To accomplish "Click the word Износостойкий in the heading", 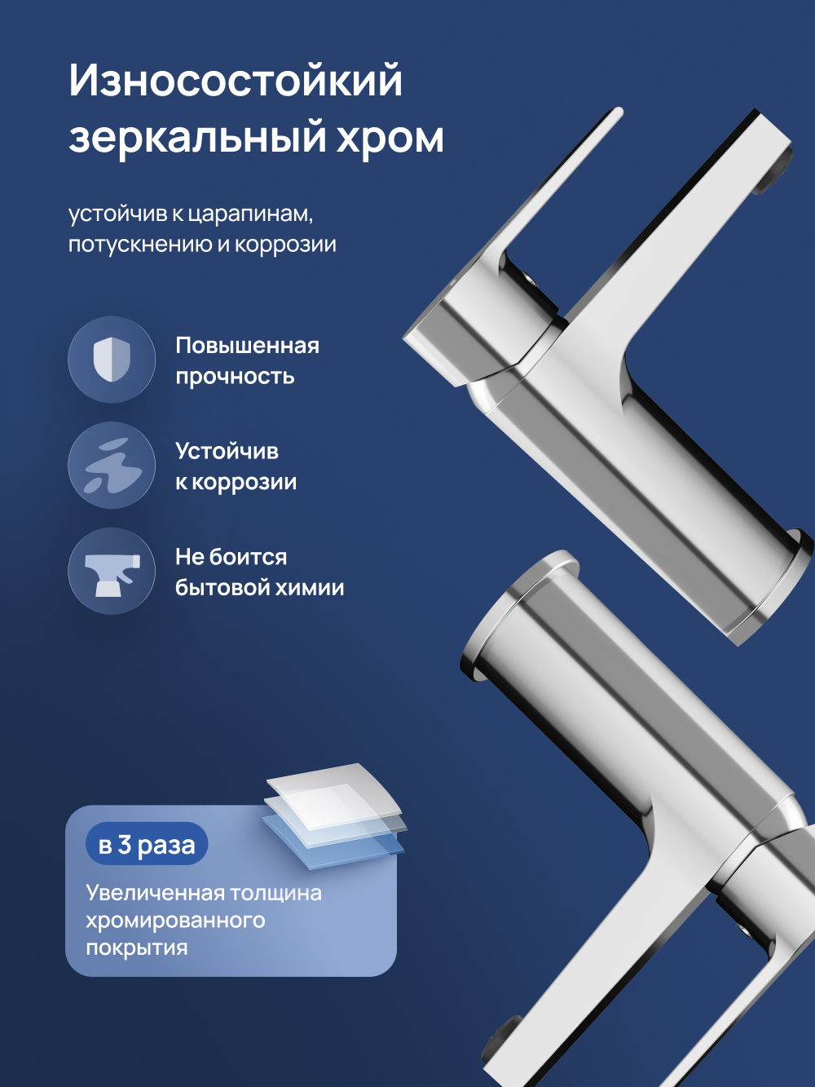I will point(236,81).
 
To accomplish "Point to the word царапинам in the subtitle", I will point(250,214).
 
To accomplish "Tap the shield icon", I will point(112,359).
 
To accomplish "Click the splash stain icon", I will point(112,466).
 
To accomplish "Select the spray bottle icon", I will point(112,572).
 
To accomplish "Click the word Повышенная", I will point(247,346).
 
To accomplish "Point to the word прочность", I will point(235,377).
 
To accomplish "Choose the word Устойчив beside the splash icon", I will point(227,451).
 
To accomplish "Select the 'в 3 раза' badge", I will point(147,845).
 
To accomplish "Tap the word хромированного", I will point(175,921).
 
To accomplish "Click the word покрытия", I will point(137,948).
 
